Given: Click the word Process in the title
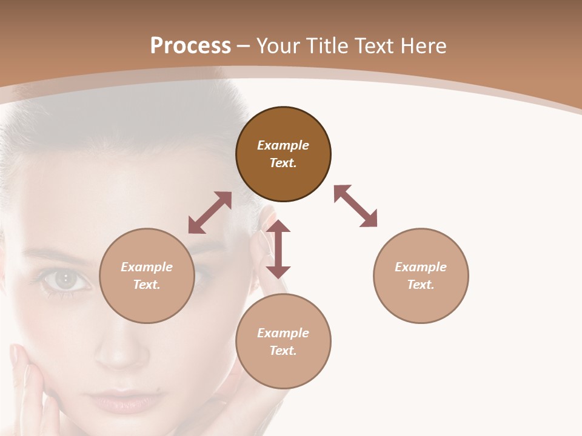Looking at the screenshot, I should point(190,46).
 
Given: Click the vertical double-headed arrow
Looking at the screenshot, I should point(278,249).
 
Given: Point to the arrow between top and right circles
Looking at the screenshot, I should point(356,206).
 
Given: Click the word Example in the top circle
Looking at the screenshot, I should point(283,145).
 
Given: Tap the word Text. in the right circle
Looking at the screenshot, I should point(421,285).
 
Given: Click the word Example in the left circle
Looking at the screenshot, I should point(147,267).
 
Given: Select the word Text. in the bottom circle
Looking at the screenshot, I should point(283,351).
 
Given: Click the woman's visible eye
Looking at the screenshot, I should point(64,279).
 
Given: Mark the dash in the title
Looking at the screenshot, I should point(244,46).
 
